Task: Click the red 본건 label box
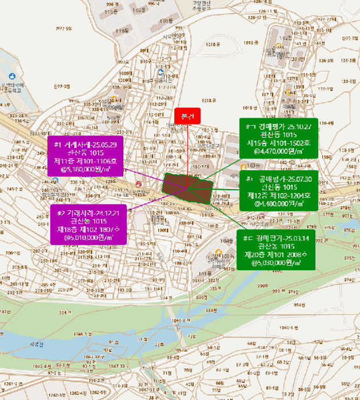point(188,115)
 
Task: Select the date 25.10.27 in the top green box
point(300,127)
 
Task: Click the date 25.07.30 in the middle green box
point(294,179)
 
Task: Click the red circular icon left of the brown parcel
point(138,184)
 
